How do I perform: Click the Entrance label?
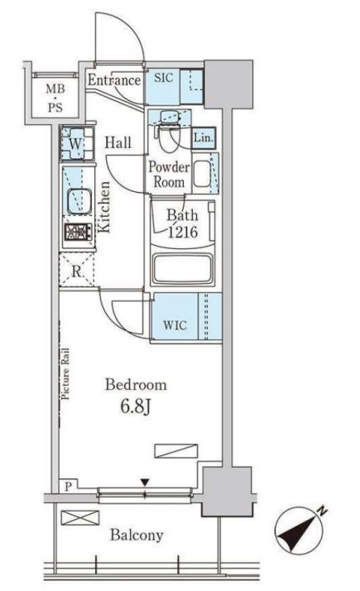click(114, 80)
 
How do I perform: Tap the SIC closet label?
click(164, 78)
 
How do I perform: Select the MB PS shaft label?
click(55, 98)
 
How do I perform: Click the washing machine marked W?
click(76, 143)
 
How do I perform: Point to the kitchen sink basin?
click(79, 201)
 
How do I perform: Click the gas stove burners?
click(78, 232)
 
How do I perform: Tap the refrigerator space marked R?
click(76, 270)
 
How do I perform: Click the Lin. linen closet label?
click(204, 137)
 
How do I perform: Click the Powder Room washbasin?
click(202, 174)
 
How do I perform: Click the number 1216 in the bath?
click(182, 232)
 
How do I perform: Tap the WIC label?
click(175, 325)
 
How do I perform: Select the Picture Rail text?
click(65, 373)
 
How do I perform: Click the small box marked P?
click(68, 486)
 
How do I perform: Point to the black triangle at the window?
click(145, 483)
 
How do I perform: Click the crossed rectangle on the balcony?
click(80, 517)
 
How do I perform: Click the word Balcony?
click(137, 536)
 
